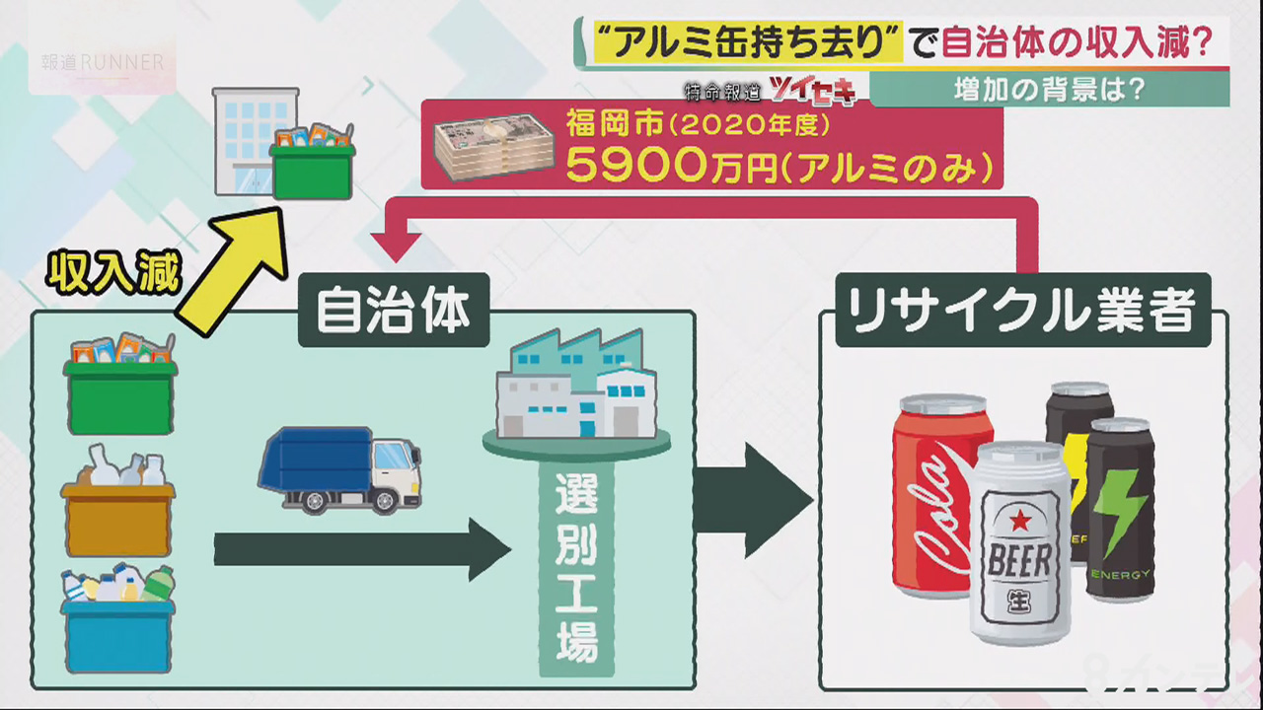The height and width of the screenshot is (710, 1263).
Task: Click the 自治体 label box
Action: [x=394, y=311]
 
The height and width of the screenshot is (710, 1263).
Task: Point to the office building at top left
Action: [x=252, y=138]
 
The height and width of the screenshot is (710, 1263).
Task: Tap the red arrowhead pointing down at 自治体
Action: [x=398, y=247]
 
